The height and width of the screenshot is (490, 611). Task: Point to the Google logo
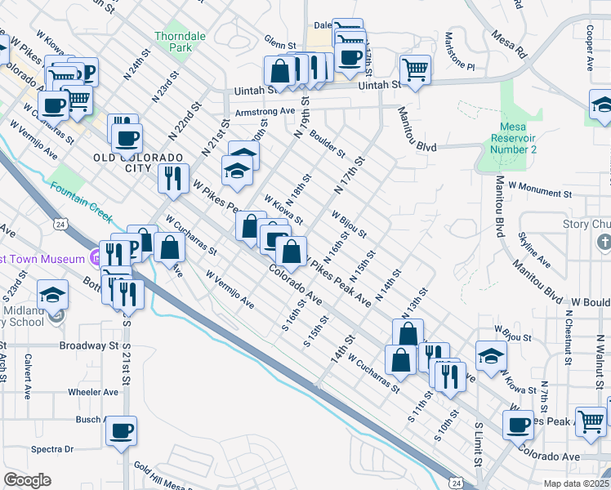(27, 480)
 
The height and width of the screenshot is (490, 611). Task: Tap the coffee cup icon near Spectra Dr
(121, 430)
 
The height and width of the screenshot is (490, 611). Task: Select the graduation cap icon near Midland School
(54, 294)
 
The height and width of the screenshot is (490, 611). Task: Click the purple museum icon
(96, 260)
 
